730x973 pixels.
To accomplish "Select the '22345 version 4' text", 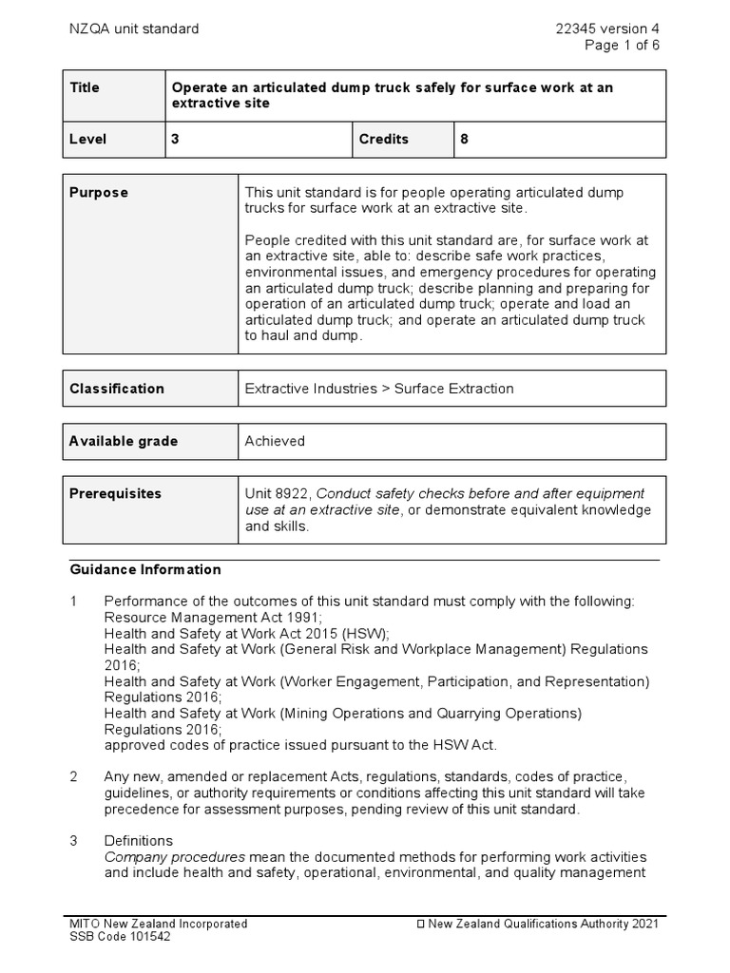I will pyautogui.click(x=607, y=29).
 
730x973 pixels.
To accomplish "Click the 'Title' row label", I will pyautogui.click(x=85, y=87).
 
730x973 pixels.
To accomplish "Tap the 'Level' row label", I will pyautogui.click(x=88, y=139).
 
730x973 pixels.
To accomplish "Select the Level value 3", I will pyautogui.click(x=175, y=139).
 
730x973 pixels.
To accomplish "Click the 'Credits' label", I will pyautogui.click(x=383, y=139).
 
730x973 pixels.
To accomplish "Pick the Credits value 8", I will pyautogui.click(x=465, y=139).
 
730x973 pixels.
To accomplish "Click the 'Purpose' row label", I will pyautogui.click(x=99, y=192).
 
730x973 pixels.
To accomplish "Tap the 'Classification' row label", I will pyautogui.click(x=117, y=388).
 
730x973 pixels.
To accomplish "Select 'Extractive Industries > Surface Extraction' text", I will pyautogui.click(x=379, y=388).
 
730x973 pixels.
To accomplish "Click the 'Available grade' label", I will pyautogui.click(x=124, y=441).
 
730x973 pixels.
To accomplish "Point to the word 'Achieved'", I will pyautogui.click(x=275, y=441).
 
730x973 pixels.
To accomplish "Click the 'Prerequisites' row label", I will pyautogui.click(x=116, y=493).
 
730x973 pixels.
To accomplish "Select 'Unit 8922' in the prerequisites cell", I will pyautogui.click(x=277, y=493).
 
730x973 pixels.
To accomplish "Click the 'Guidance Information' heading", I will pyautogui.click(x=145, y=570).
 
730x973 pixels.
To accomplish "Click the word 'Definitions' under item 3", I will pyautogui.click(x=139, y=841).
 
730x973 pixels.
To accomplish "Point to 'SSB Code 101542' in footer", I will pyautogui.click(x=122, y=937).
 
